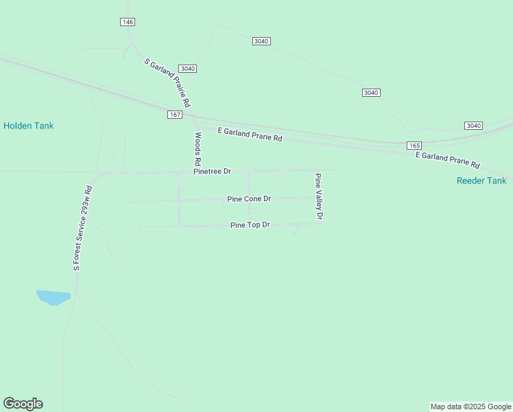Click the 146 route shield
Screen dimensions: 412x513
tap(127, 22)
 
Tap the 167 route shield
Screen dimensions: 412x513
tap(175, 115)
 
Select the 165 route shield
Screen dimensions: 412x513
tap(414, 146)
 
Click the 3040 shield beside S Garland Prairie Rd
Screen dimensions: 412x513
tap(188, 69)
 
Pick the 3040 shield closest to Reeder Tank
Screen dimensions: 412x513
tap(473, 126)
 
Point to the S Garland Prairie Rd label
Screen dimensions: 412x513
tap(167, 82)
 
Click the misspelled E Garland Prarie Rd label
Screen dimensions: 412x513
tap(250, 134)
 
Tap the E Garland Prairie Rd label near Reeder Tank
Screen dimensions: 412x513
tap(448, 160)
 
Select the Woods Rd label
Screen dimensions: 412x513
tap(198, 148)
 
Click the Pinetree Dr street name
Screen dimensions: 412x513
tap(212, 171)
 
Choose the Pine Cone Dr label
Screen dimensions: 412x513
tap(249, 198)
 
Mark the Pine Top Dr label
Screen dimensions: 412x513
tap(250, 225)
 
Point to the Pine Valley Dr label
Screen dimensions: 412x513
tap(318, 196)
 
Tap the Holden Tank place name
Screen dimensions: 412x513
tap(28, 126)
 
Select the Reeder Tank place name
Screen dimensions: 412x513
tap(481, 181)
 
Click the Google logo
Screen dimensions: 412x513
tap(23, 404)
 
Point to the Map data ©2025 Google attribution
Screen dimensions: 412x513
tap(470, 407)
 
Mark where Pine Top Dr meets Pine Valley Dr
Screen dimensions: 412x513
tap(320, 222)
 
